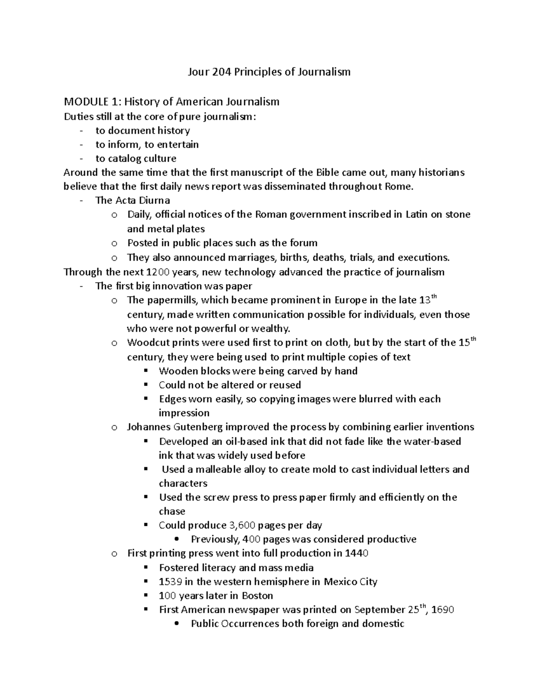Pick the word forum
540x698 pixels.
pyautogui.click(x=303, y=243)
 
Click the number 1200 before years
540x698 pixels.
pyautogui.click(x=157, y=272)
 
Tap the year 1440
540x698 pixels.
pyautogui.click(x=356, y=553)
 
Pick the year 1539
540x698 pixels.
pyautogui.click(x=171, y=582)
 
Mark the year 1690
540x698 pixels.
pyautogui.click(x=442, y=610)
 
